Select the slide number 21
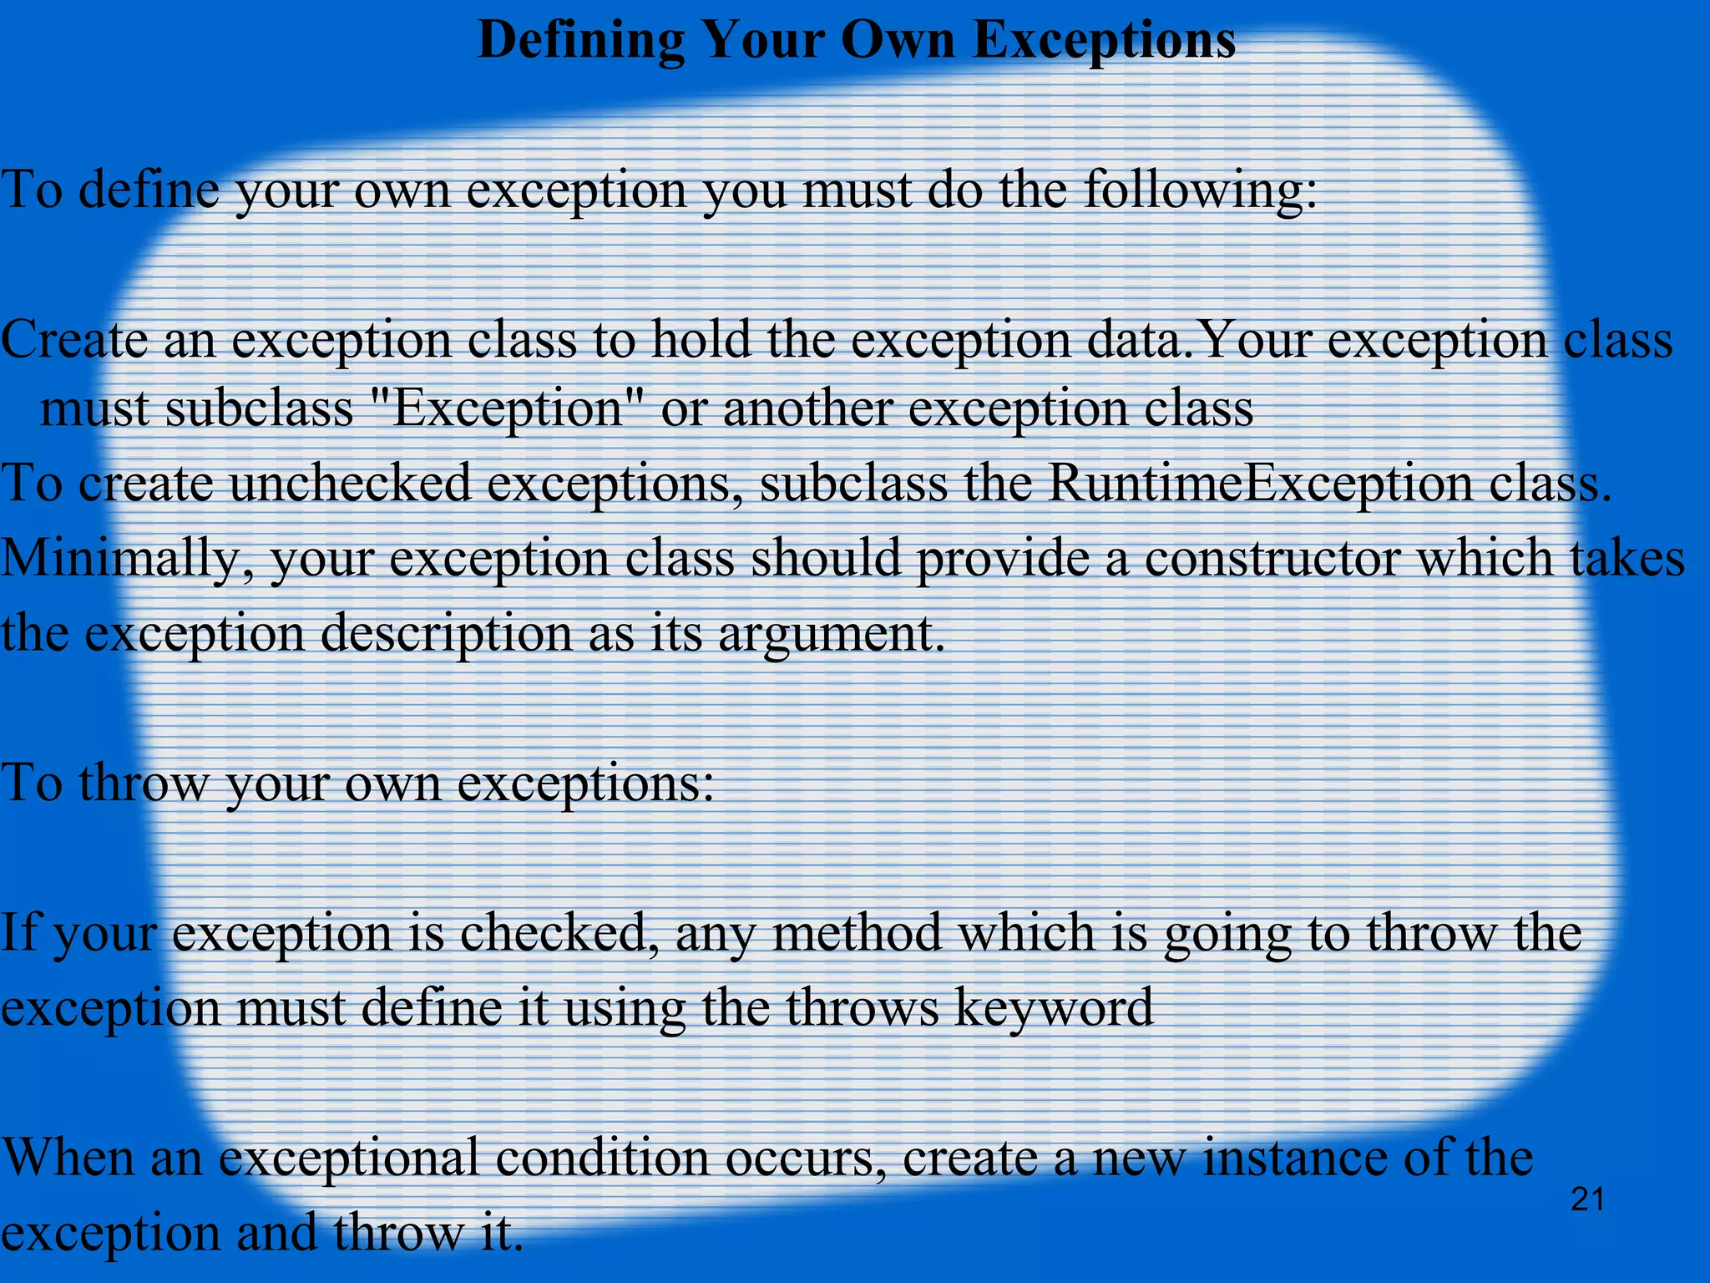pyautogui.click(x=1587, y=1200)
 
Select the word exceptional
pyautogui.click(x=348, y=1159)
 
